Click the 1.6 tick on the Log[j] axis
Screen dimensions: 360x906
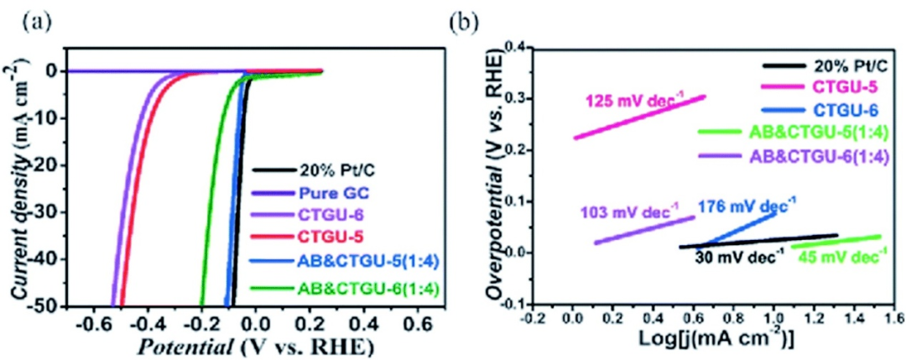(892, 320)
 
